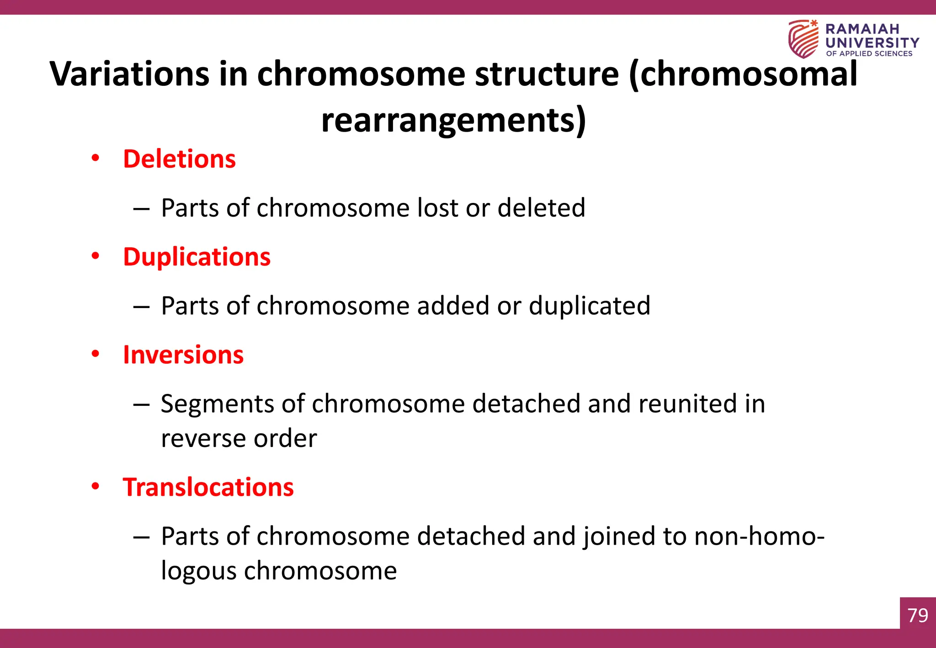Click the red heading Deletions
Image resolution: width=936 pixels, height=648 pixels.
click(179, 159)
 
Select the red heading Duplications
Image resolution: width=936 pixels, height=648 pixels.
click(197, 257)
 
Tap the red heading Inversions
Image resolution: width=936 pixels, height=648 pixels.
click(183, 355)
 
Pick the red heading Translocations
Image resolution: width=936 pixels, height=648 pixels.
click(208, 487)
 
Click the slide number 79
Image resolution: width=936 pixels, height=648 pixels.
click(918, 615)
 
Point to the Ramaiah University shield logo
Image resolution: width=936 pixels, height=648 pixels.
click(803, 39)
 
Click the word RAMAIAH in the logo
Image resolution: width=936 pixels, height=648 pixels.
click(862, 29)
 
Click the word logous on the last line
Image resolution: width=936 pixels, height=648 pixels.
click(198, 571)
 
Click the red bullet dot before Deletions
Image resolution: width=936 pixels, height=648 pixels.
click(95, 158)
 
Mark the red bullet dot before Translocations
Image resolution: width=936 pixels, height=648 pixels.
click(95, 486)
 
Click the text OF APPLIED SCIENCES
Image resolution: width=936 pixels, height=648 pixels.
click(869, 53)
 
